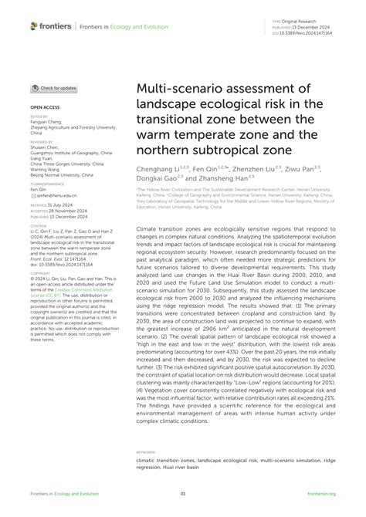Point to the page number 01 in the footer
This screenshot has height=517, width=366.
click(183, 494)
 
